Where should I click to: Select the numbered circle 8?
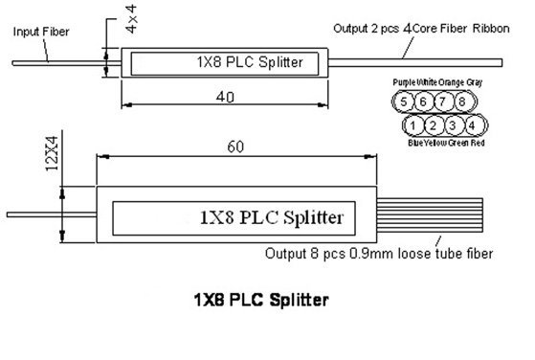460,101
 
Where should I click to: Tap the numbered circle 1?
412,125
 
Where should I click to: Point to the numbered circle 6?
424,101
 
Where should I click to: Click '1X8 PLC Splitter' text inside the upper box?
248,64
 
